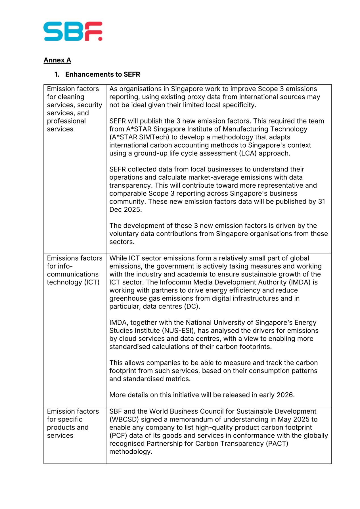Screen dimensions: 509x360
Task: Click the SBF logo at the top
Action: (x=73, y=31)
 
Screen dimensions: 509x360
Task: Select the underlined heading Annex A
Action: (x=57, y=60)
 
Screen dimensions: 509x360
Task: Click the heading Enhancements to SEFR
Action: (x=102, y=74)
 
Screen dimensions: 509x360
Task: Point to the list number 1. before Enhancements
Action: (x=57, y=74)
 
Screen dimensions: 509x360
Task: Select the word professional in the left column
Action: (x=66, y=121)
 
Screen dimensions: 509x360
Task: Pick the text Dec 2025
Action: (x=125, y=210)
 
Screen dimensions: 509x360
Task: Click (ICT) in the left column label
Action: (x=92, y=282)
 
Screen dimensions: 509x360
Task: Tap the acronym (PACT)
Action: (x=277, y=443)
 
